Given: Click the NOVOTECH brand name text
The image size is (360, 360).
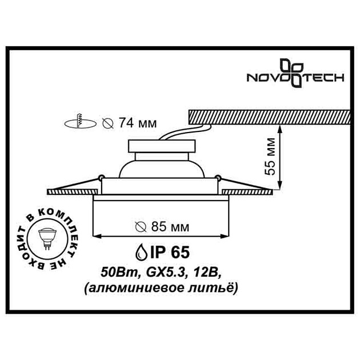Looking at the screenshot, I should (x=294, y=77).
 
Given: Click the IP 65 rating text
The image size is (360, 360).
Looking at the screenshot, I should (x=172, y=252).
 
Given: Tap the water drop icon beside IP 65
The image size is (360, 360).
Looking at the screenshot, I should (x=140, y=252).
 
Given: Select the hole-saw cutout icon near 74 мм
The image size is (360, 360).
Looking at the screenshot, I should (x=77, y=122).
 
